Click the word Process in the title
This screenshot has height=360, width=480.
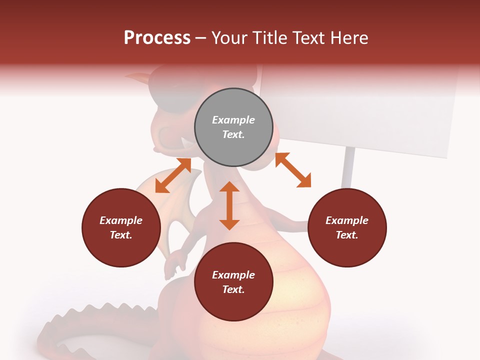(x=157, y=38)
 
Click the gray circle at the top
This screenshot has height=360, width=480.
(x=233, y=127)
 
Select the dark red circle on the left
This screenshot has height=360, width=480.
(x=121, y=227)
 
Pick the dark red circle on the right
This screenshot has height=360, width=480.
(x=347, y=227)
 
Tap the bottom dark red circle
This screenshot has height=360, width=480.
(x=233, y=282)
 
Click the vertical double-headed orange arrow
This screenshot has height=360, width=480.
(x=229, y=205)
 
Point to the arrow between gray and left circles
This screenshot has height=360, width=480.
(x=173, y=175)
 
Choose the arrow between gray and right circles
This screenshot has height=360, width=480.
(x=293, y=170)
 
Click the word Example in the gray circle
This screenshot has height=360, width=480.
(x=233, y=120)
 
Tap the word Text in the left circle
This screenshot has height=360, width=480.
(x=121, y=235)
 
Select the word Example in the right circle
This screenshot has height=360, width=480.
(x=347, y=220)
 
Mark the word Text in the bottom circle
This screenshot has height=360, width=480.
(x=233, y=289)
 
